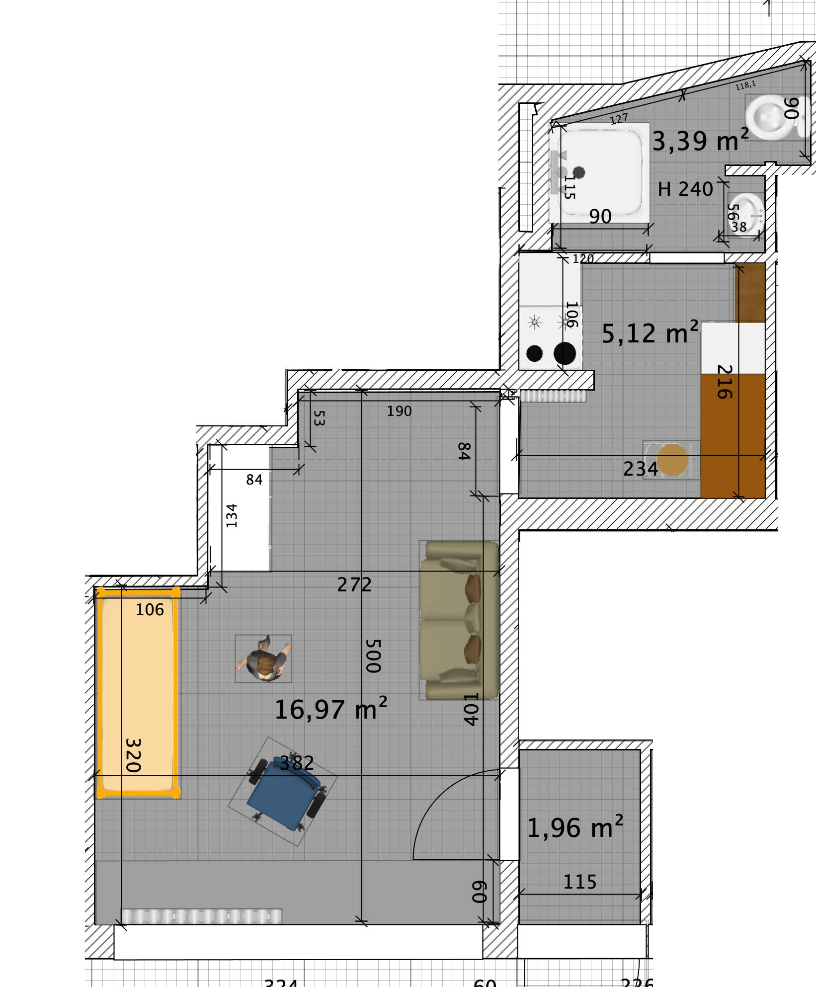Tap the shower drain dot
tap(578, 172)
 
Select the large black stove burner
tap(565, 353)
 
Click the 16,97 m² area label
tap(330, 709)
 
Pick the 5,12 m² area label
tap(650, 333)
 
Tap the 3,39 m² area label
tap(700, 141)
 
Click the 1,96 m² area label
tap(574, 828)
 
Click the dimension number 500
tap(373, 656)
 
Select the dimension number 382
tap(297, 763)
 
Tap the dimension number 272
tap(354, 585)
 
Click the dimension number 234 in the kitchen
tap(640, 469)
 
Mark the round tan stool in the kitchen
tap(672, 460)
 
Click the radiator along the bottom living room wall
tap(202, 916)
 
